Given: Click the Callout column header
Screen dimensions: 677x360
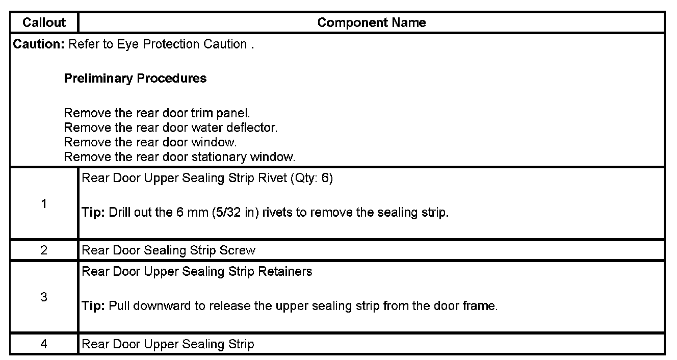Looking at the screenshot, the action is click(44, 22).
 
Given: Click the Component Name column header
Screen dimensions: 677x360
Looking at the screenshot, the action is click(371, 22).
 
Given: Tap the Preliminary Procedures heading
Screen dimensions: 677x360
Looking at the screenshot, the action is click(135, 79).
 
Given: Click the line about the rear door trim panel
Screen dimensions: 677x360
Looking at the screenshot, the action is click(157, 113).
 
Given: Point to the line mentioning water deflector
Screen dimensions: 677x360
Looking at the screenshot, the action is click(171, 127).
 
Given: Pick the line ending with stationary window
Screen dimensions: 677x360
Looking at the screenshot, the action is click(179, 157).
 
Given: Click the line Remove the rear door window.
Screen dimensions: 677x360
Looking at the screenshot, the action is click(150, 142).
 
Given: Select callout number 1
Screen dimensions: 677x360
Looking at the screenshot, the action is click(44, 204).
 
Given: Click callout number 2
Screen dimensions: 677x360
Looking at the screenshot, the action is click(44, 250).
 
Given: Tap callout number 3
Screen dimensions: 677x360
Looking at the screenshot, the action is click(44, 297).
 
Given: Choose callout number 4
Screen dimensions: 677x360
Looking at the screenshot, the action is click(44, 344).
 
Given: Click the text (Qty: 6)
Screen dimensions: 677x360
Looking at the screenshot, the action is click(310, 179).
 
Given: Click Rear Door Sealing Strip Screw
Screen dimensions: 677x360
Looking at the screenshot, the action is click(168, 250).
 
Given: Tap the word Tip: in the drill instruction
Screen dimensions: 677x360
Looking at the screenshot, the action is click(93, 213).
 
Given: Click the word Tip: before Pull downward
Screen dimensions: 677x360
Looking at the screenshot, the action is click(93, 306).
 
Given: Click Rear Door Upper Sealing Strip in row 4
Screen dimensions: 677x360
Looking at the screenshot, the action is click(168, 344).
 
